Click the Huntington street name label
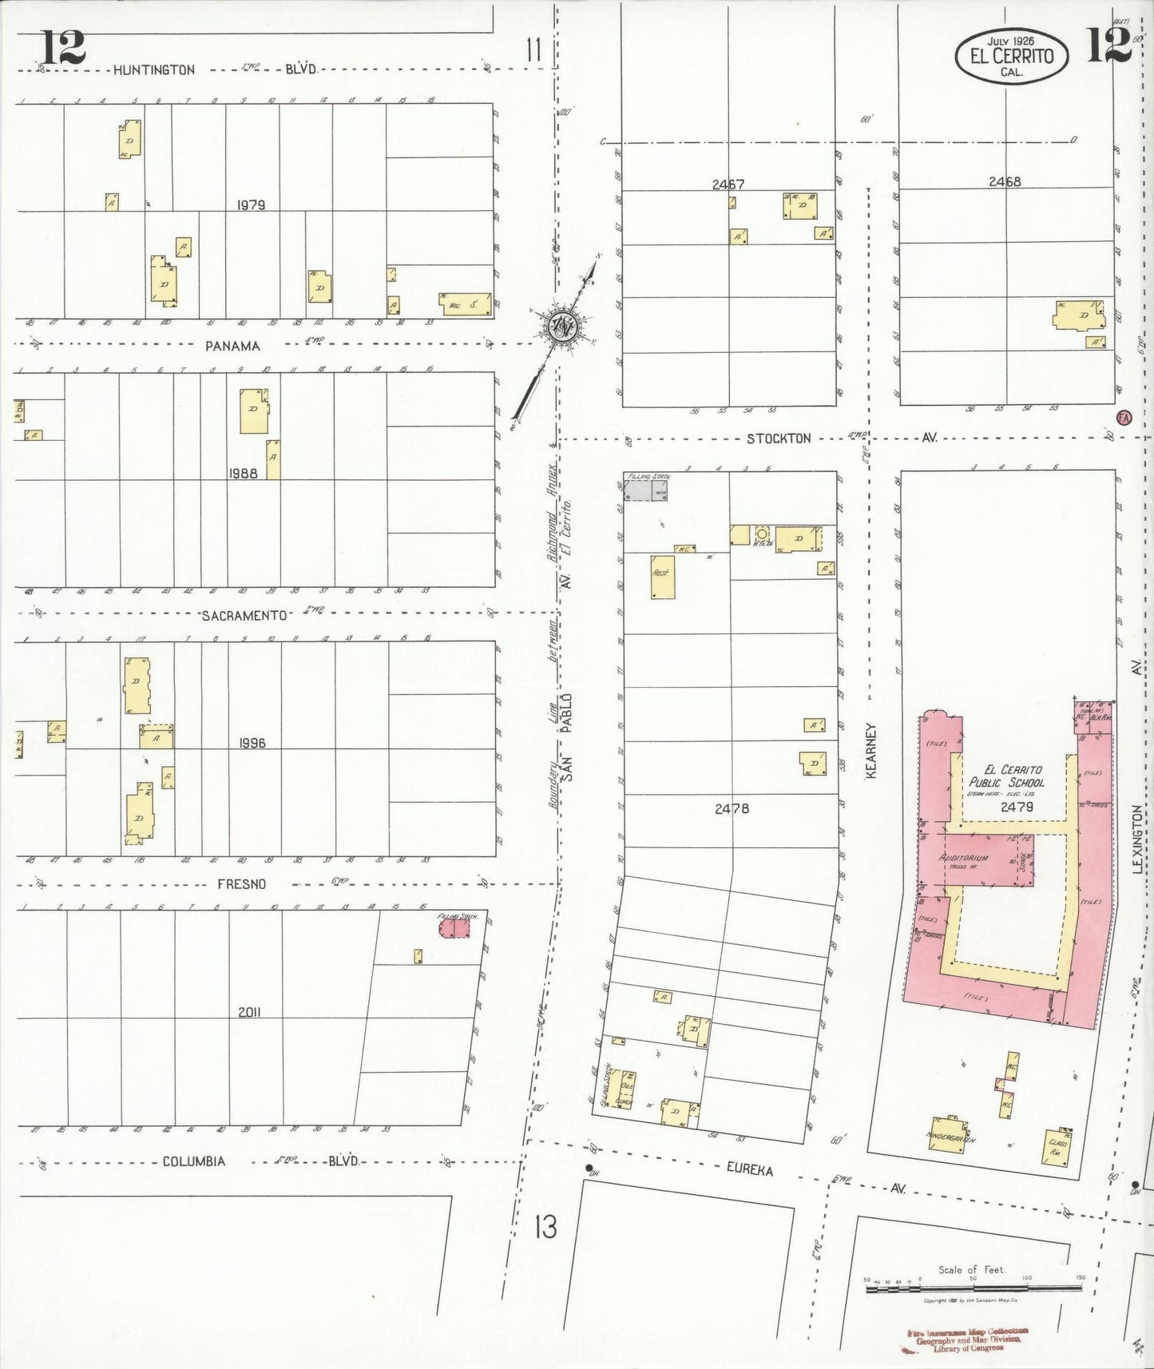click(153, 70)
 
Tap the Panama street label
click(232, 346)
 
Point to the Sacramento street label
click(244, 615)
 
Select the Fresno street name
click(241, 884)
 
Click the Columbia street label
click(194, 1161)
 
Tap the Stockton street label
click(779, 438)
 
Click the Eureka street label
click(749, 1169)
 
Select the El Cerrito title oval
click(1011, 57)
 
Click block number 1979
click(250, 205)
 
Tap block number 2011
click(249, 1012)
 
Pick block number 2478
click(732, 808)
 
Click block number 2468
click(1004, 181)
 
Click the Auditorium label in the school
click(965, 858)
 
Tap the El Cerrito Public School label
click(1006, 776)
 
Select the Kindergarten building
click(950, 1133)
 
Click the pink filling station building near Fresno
click(454, 927)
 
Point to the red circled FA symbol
click(1124, 417)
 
